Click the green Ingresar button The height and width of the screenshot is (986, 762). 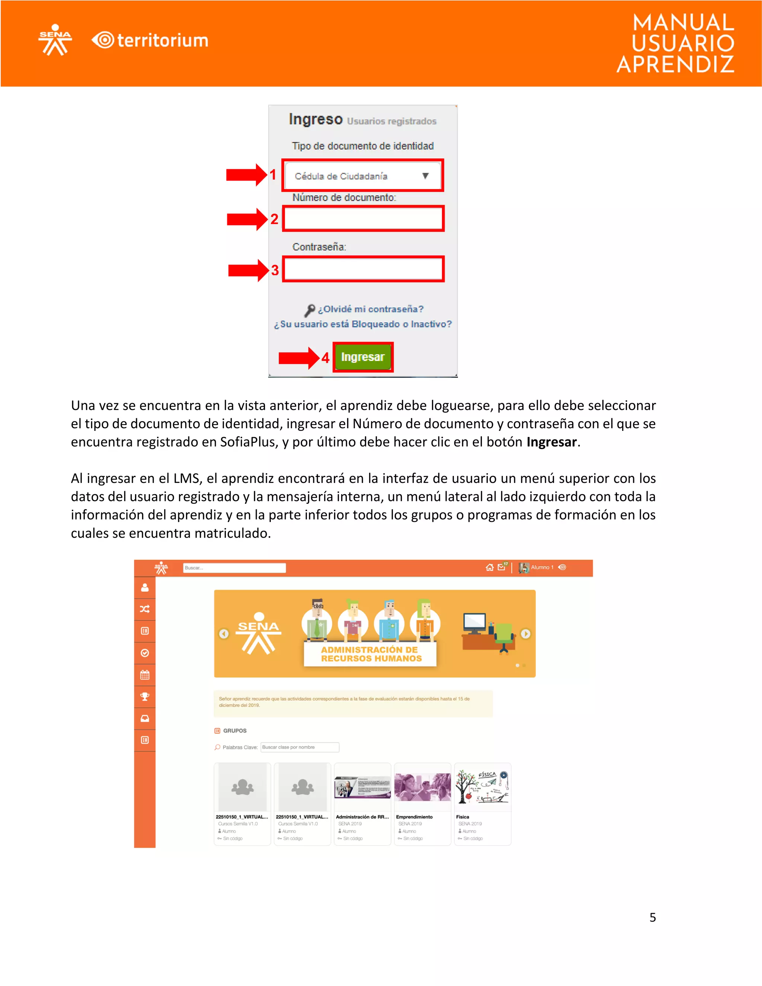[362, 357]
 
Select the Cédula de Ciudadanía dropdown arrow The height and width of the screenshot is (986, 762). [425, 176]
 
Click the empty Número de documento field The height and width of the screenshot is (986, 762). [363, 219]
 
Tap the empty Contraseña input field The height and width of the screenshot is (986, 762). [363, 269]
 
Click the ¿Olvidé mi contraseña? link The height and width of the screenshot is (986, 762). [370, 309]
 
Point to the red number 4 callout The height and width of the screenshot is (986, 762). [325, 358]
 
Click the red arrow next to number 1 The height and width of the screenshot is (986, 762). [246, 175]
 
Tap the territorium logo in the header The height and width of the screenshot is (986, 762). [150, 41]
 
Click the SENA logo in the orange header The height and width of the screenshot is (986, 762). [55, 40]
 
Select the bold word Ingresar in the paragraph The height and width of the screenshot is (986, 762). [551, 442]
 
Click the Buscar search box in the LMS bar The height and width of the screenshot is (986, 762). [234, 568]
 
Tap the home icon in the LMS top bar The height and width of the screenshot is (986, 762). [489, 567]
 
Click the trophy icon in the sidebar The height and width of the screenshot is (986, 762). [145, 697]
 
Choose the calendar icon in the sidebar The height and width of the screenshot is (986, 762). [145, 675]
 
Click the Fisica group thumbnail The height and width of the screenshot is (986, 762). [482, 787]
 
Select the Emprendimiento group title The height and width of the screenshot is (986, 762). [414, 817]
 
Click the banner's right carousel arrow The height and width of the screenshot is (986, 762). [525, 634]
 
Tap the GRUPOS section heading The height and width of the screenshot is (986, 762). [235, 730]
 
